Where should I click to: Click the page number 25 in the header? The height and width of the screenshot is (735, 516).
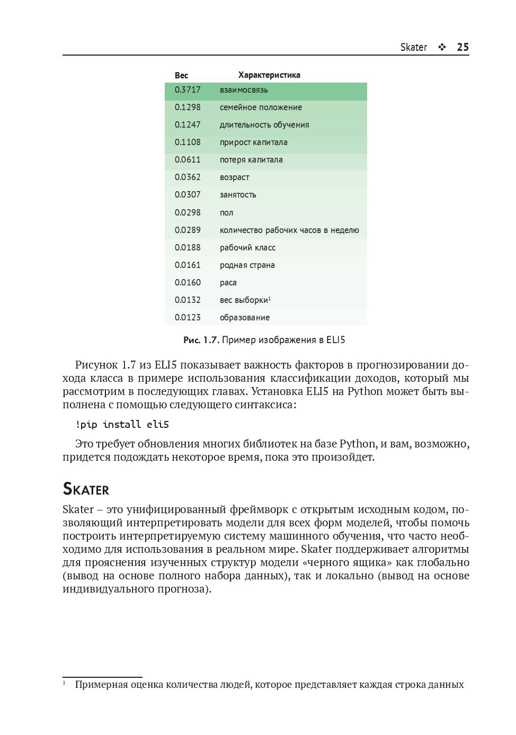(x=462, y=47)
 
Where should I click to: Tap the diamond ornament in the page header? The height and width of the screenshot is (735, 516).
(x=442, y=47)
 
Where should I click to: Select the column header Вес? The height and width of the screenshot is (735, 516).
(x=181, y=75)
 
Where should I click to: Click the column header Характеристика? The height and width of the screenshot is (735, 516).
(x=269, y=75)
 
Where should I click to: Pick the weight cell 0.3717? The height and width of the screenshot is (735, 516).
(x=188, y=90)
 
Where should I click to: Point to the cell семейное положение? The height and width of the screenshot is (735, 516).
(x=261, y=107)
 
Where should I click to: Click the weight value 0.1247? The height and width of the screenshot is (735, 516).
(x=188, y=125)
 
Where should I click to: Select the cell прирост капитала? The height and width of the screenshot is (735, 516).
(x=253, y=142)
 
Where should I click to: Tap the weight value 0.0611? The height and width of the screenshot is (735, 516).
(x=188, y=160)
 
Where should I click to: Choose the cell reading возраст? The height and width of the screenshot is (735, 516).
(x=234, y=177)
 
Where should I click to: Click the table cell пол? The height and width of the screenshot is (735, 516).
(x=226, y=213)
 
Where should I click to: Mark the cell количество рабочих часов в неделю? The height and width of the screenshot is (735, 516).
(x=289, y=230)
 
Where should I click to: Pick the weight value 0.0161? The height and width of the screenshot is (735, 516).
(x=188, y=265)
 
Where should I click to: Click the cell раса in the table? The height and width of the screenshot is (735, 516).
(x=228, y=283)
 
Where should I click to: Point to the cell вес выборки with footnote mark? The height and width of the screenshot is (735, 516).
(x=245, y=300)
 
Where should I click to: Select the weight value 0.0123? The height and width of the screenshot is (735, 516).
(x=188, y=318)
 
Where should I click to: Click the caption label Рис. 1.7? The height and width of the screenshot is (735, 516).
(x=201, y=340)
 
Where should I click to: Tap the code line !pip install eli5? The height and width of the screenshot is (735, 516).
(x=122, y=425)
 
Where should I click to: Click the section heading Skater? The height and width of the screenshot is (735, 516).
(x=86, y=489)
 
